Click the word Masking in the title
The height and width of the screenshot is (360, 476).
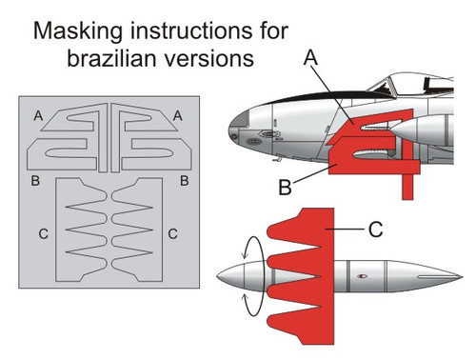(x=78, y=31)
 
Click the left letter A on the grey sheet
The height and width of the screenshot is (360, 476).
(x=38, y=115)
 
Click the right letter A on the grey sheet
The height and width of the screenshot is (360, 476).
(x=178, y=115)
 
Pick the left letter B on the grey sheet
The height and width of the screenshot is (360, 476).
(x=35, y=181)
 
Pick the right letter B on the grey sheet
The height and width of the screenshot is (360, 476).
(x=185, y=181)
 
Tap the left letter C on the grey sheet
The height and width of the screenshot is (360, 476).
(x=44, y=234)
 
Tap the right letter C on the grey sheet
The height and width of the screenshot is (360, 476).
(x=172, y=234)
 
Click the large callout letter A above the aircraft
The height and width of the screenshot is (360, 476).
(x=310, y=58)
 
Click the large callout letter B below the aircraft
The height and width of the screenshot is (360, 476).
(x=285, y=188)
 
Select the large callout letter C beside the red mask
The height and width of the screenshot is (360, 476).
(x=376, y=230)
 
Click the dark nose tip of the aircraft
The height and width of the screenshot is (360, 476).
(x=239, y=125)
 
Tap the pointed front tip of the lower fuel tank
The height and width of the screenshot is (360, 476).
(x=218, y=277)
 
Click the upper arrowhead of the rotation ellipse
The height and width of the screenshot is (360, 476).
(x=244, y=255)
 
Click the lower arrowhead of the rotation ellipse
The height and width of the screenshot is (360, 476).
(x=245, y=297)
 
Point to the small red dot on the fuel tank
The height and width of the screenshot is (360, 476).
(x=362, y=276)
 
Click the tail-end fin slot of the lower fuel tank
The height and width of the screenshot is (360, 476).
(x=439, y=277)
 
